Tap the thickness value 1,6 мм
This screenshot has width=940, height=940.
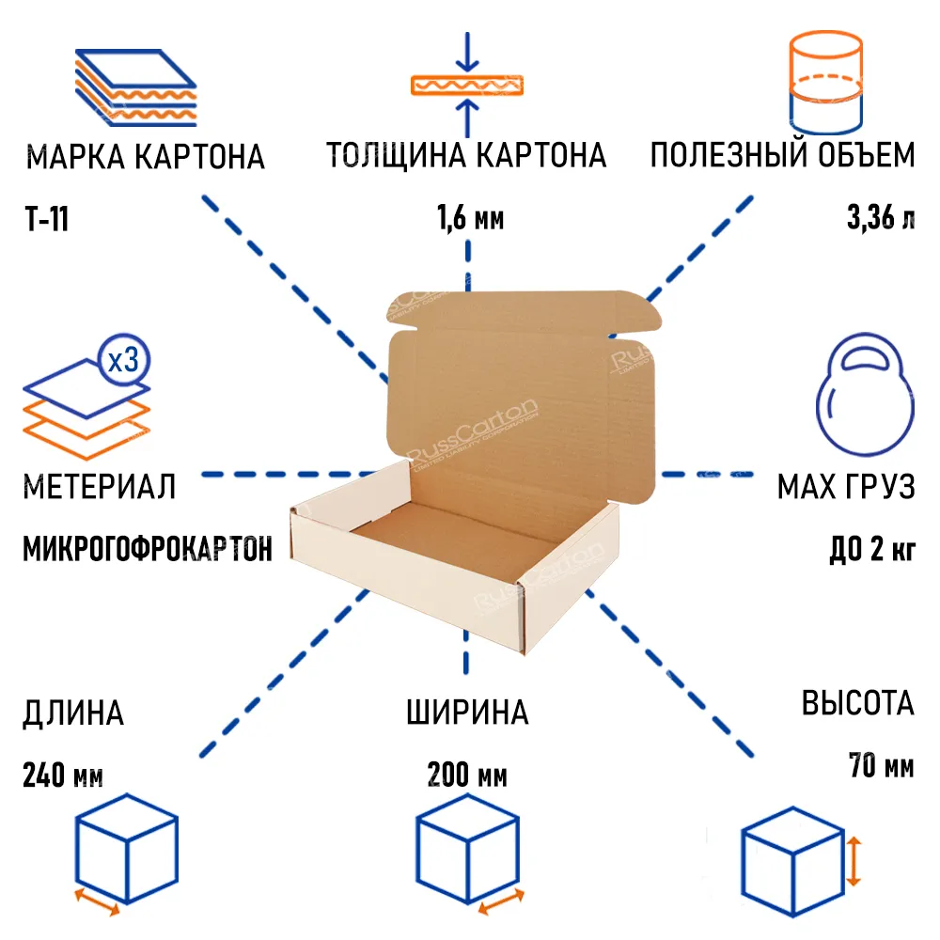click(470, 219)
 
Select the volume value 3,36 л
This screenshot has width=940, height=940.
click(880, 219)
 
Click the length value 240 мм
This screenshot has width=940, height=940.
click(62, 776)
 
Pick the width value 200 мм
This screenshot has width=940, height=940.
click(467, 776)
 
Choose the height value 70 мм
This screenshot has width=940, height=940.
click(880, 766)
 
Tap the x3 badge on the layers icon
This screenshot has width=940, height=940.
click(123, 361)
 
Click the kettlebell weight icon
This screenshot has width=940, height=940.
click(863, 395)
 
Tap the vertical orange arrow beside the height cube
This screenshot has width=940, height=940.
click(854, 863)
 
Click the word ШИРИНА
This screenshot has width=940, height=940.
click(467, 713)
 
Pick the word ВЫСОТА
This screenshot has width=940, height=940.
click(857, 703)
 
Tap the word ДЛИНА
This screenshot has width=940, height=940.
click(72, 713)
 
